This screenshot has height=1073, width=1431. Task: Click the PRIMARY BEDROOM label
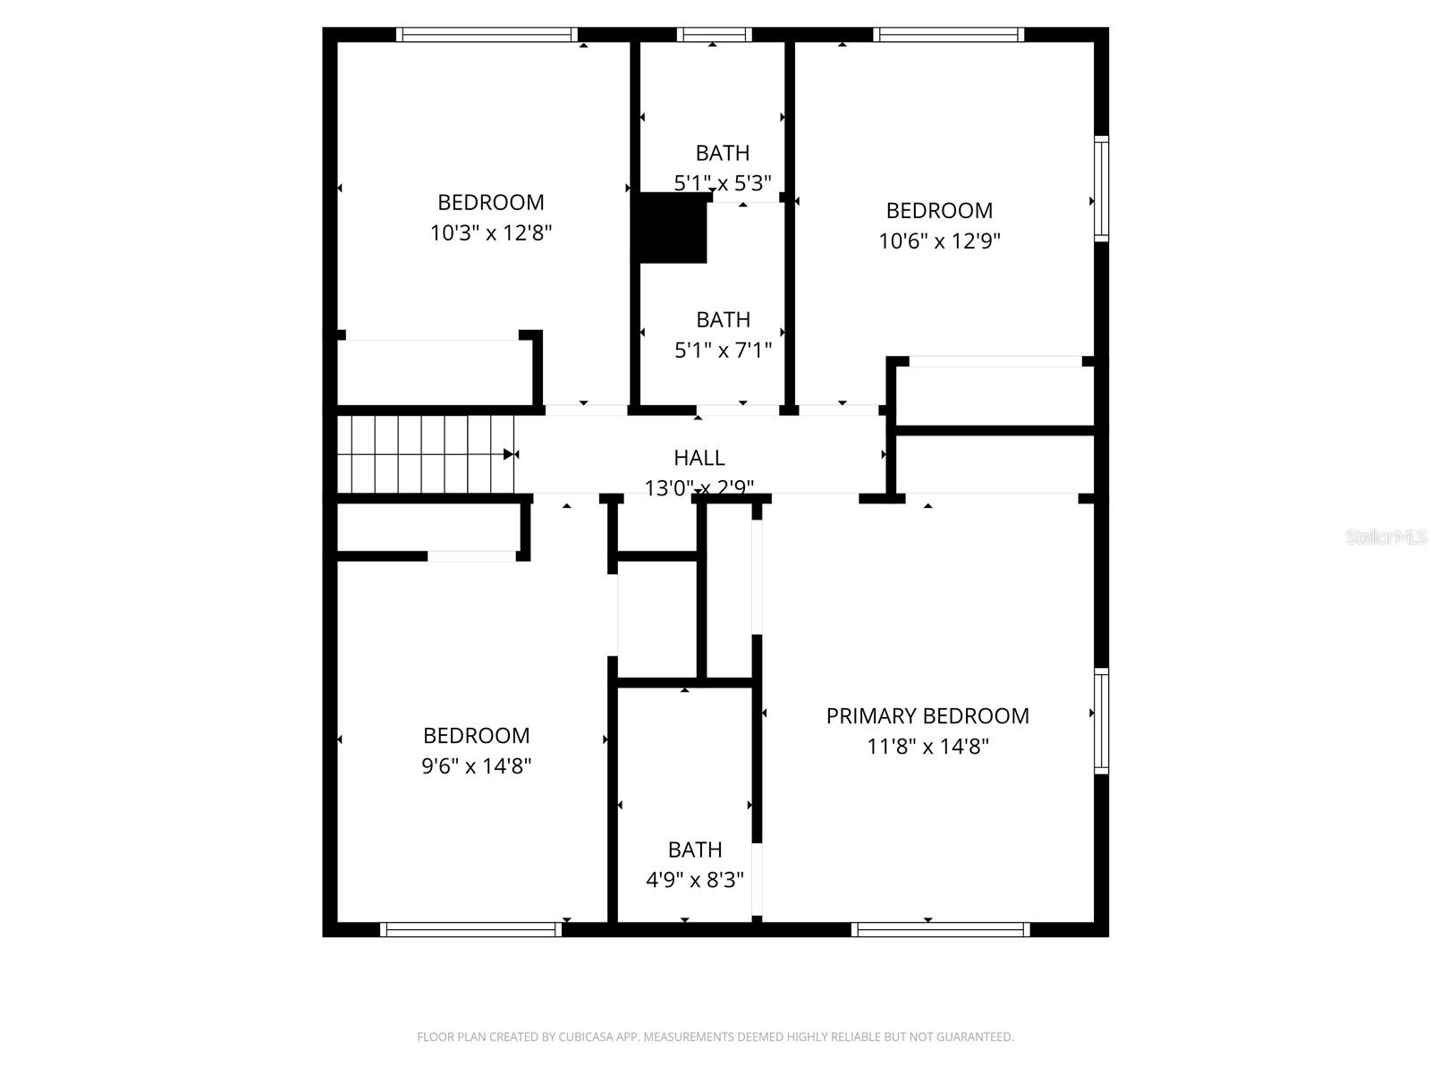[927, 716]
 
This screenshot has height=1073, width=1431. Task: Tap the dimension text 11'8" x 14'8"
[927, 747]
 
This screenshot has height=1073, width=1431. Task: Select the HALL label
[699, 458]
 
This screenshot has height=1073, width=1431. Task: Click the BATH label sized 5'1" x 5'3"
[723, 153]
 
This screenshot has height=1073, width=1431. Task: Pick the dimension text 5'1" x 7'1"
[723, 350]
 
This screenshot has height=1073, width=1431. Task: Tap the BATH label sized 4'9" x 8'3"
[695, 849]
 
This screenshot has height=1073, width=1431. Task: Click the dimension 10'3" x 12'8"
[491, 233]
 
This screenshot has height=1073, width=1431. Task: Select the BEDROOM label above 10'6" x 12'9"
[939, 211]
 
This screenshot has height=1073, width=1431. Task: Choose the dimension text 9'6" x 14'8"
[477, 766]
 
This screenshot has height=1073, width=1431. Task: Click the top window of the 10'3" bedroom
[487, 35]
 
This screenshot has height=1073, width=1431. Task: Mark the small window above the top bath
[714, 35]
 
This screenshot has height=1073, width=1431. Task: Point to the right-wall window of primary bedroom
[1102, 721]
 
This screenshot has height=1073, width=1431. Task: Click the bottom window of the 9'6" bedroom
[471, 930]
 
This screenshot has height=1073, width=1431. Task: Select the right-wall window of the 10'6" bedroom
[1102, 189]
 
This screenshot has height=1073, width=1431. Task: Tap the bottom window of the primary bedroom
[940, 930]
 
